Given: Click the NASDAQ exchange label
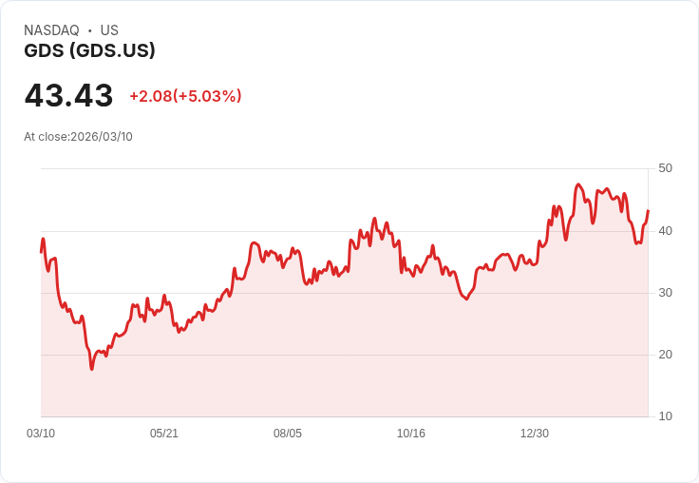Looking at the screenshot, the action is [51, 30].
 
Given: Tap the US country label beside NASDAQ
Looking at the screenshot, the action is [109, 30].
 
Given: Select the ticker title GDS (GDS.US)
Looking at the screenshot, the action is [89, 50].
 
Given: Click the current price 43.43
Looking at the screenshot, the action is [68, 95].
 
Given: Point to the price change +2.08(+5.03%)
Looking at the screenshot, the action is [185, 96].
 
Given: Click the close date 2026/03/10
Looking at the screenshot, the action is [102, 137].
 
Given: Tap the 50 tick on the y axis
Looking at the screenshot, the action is [665, 168].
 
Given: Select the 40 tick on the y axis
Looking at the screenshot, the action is [665, 231].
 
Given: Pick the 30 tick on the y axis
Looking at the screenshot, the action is [665, 293].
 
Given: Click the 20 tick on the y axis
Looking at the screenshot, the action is [665, 355].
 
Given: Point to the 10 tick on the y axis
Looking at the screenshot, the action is [665, 416].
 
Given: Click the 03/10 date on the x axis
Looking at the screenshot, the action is [41, 433].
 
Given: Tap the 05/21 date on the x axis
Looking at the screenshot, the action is [164, 433].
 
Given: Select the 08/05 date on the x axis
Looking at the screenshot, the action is [288, 433].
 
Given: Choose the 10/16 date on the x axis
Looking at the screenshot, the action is [411, 433].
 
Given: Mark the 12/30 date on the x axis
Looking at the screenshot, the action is [535, 433].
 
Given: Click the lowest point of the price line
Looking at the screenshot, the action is [92, 369].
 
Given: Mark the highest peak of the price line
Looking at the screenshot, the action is [578, 184].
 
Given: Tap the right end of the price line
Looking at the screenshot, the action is [648, 210].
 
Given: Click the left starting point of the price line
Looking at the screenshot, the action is [42, 253].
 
